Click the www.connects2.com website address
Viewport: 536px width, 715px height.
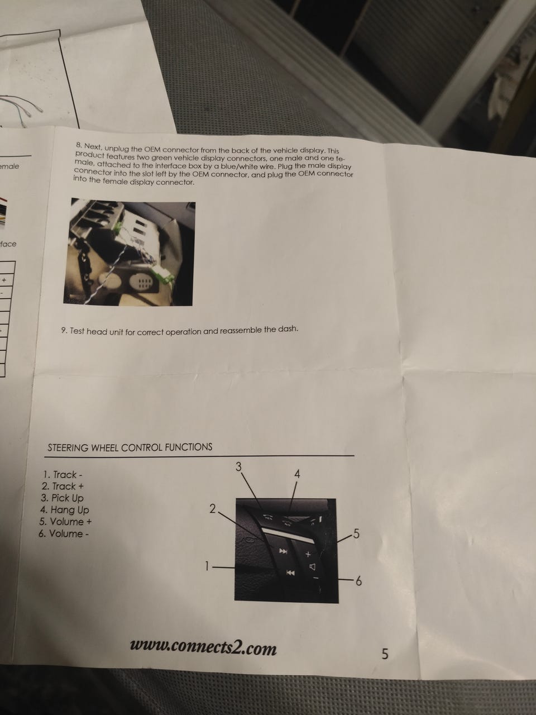[203, 648]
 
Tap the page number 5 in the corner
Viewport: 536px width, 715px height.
[385, 654]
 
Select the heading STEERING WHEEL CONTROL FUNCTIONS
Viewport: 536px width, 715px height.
[130, 447]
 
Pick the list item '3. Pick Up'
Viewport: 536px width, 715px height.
[62, 498]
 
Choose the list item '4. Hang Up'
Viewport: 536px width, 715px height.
[64, 510]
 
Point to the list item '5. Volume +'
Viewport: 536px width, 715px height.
[65, 522]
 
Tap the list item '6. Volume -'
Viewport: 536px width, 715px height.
[64, 533]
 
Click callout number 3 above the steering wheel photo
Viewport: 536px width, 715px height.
[238, 467]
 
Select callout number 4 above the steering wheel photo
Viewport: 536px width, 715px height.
[297, 474]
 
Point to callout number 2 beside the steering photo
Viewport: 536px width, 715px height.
[213, 509]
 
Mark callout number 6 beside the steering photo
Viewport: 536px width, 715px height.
[358, 581]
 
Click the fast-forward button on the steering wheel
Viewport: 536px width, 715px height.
[283, 551]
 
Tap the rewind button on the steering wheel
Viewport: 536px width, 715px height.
[290, 573]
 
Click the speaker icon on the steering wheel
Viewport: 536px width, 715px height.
[312, 567]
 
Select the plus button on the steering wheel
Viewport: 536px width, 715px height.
[308, 554]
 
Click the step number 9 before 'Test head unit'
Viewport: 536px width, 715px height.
[64, 331]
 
